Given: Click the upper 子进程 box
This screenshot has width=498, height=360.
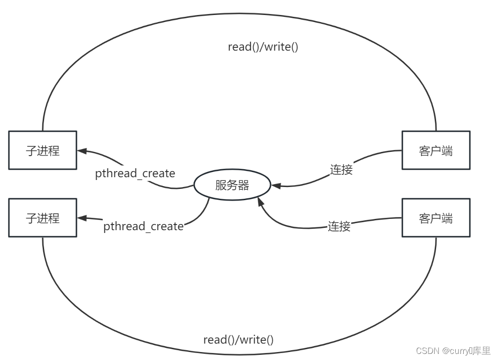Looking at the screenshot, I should pyautogui.click(x=42, y=150).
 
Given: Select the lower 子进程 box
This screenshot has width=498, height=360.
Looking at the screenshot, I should pyautogui.click(x=42, y=217).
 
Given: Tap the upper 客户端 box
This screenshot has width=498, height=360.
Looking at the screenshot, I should pyautogui.click(x=436, y=150).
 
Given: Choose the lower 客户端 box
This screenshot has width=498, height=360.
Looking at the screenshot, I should pyautogui.click(x=436, y=217).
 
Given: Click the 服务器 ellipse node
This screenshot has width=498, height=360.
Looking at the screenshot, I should pyautogui.click(x=232, y=186).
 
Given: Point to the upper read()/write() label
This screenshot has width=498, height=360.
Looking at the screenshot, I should pyautogui.click(x=263, y=47).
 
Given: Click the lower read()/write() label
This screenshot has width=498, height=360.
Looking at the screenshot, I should pyautogui.click(x=238, y=340).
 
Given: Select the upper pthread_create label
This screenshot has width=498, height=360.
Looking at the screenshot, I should pyautogui.click(x=135, y=173).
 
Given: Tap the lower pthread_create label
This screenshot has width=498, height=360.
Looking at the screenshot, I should pyautogui.click(x=143, y=226).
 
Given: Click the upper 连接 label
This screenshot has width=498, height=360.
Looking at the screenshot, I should pyautogui.click(x=341, y=170).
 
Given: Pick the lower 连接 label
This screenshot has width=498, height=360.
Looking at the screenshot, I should pyautogui.click(x=339, y=226).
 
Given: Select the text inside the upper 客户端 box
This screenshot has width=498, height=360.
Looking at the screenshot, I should pyautogui.click(x=436, y=150).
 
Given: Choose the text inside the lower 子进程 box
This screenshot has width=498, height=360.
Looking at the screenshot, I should pyautogui.click(x=42, y=218).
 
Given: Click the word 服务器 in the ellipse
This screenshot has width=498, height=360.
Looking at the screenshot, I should pyautogui.click(x=232, y=186).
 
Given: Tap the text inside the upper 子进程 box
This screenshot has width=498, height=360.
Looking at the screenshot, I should pyautogui.click(x=42, y=150).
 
